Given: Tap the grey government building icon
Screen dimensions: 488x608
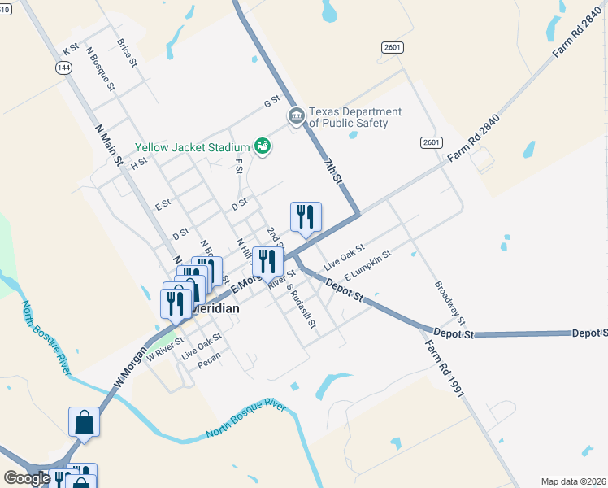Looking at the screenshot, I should pyautogui.click(x=296, y=117).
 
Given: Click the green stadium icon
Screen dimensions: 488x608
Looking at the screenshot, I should pyautogui.click(x=263, y=146).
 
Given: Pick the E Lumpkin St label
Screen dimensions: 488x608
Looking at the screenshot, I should pyautogui.click(x=367, y=264).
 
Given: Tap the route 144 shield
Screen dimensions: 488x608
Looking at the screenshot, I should pyautogui.click(x=63, y=68).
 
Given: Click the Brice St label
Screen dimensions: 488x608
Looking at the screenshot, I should pyautogui.click(x=127, y=53).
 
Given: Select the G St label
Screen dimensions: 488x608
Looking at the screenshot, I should pyautogui.click(x=271, y=102).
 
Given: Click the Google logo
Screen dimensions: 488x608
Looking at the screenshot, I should pyautogui.click(x=27, y=477).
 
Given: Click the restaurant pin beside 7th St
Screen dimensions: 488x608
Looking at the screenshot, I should pyautogui.click(x=306, y=217).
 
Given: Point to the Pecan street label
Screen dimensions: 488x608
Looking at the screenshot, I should pyautogui.click(x=209, y=364).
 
